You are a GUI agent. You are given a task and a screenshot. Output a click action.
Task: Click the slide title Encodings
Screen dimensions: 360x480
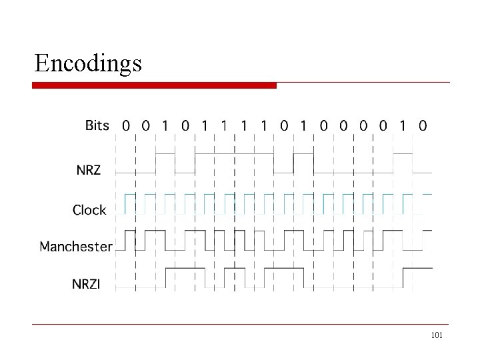click(88, 63)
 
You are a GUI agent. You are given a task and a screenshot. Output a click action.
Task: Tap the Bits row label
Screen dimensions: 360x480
click(97, 125)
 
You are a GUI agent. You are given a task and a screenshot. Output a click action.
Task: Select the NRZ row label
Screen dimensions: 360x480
click(88, 170)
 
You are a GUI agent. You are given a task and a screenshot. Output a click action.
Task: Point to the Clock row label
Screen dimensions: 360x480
click(89, 210)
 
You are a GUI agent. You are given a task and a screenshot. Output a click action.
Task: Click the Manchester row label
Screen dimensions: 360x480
click(76, 247)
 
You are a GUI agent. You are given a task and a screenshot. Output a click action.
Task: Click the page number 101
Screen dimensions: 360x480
click(437, 335)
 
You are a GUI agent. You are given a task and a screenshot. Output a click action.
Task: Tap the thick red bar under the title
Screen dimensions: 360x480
click(155, 85)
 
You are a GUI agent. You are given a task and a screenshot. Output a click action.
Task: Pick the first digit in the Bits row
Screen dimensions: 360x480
click(126, 125)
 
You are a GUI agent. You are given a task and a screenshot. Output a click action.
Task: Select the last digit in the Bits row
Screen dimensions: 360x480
click(423, 125)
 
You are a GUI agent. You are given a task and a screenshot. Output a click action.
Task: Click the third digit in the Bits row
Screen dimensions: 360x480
click(165, 125)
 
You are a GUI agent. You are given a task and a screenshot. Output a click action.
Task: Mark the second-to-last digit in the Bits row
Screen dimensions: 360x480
click(403, 125)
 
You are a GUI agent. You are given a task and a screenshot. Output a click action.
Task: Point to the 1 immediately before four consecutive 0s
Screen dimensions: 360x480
click(304, 125)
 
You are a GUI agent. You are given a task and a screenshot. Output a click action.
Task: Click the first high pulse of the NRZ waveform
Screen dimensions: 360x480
click(165, 154)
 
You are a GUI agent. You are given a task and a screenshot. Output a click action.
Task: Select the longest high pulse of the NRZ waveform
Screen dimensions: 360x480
click(235, 154)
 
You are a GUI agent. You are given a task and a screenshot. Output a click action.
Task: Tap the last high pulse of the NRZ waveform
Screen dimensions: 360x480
click(403, 154)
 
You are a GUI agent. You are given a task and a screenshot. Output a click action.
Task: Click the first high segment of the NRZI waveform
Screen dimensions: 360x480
click(185, 269)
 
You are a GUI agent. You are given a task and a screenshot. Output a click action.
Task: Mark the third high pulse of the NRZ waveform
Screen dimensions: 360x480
click(304, 154)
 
